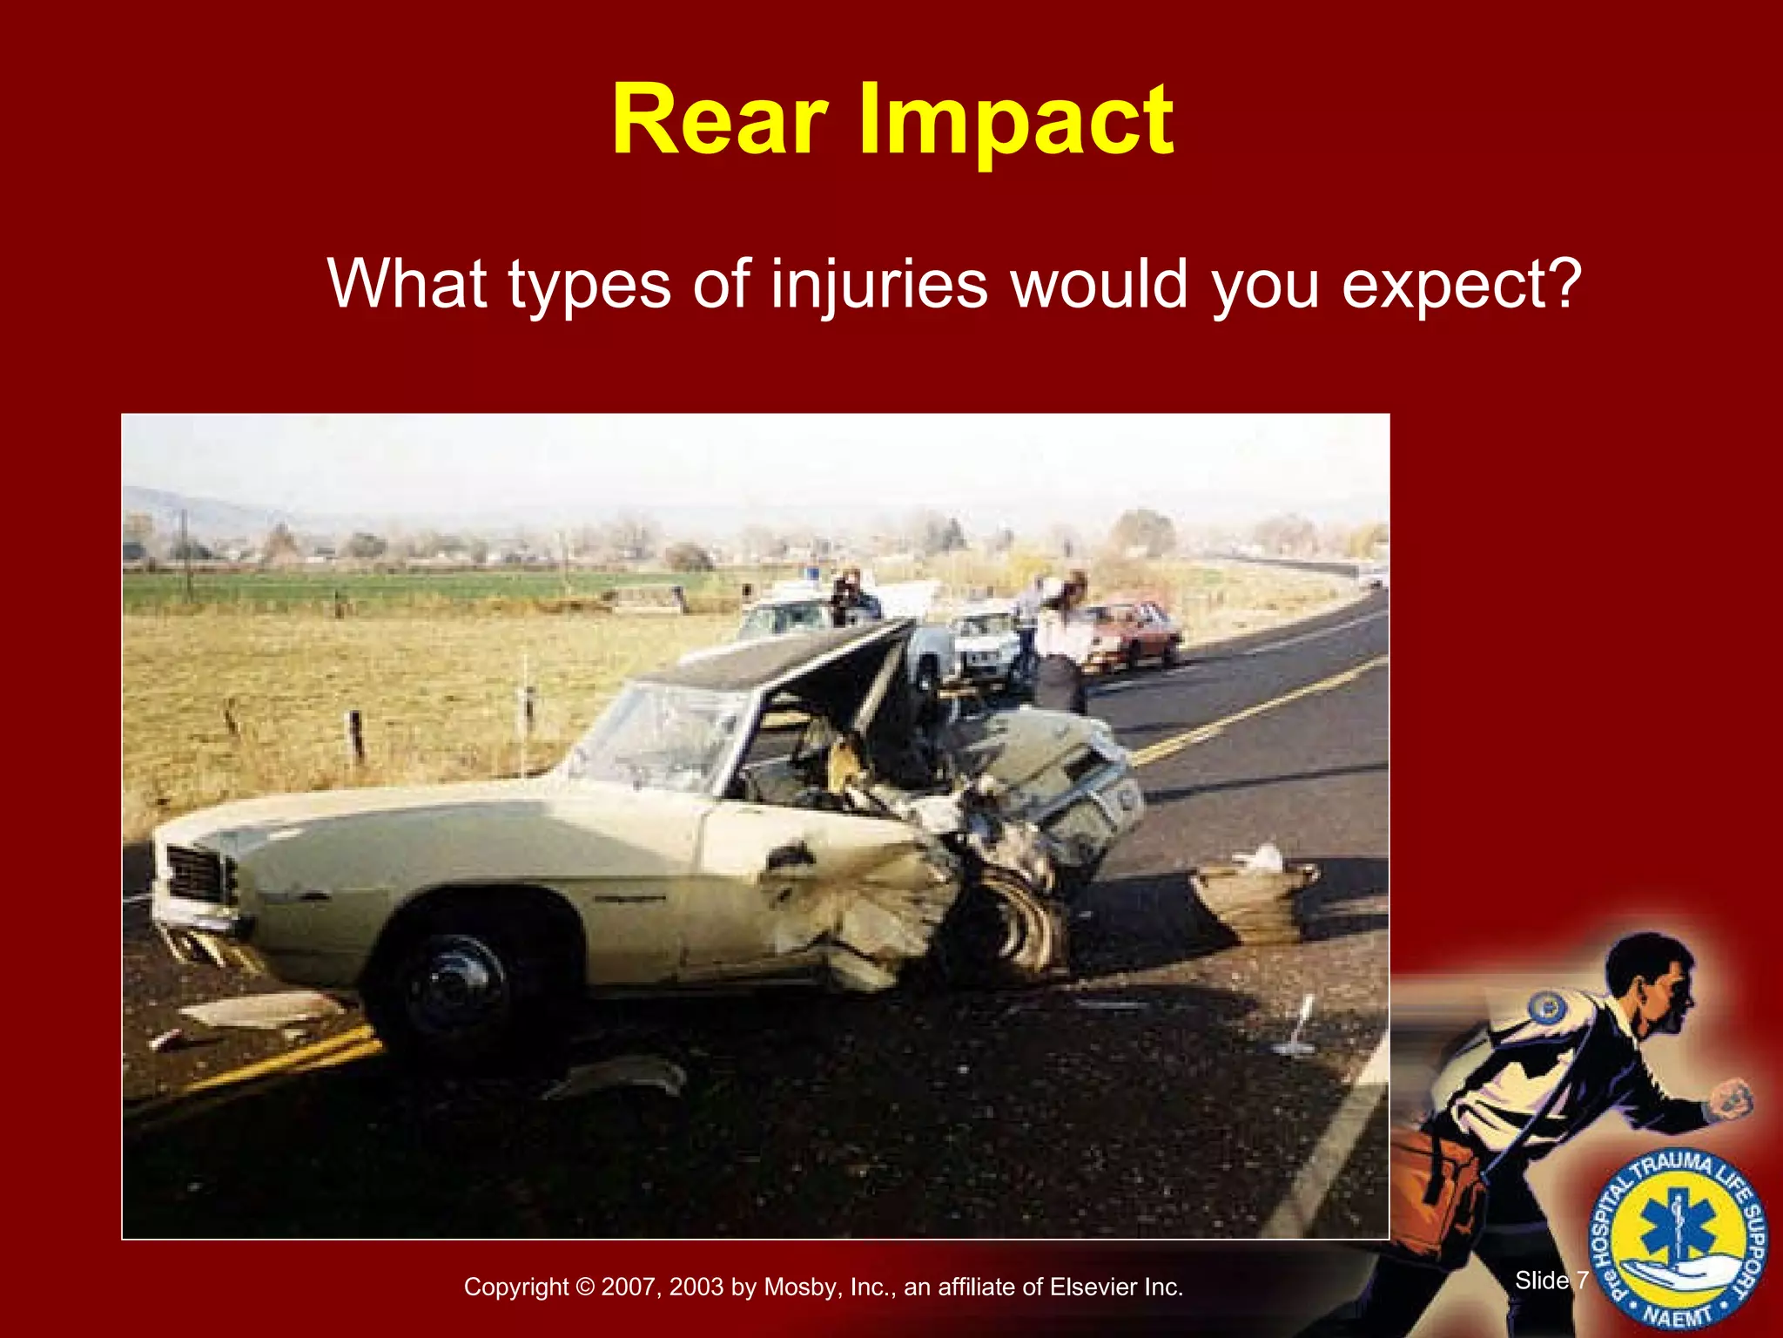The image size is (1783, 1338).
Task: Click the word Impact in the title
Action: [x=1016, y=122]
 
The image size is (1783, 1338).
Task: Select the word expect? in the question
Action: [x=1461, y=285]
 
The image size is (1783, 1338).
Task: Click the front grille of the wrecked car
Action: [x=198, y=874]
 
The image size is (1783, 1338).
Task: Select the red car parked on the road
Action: [x=1132, y=634]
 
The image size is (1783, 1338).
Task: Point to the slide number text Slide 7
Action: [x=1551, y=1281]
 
